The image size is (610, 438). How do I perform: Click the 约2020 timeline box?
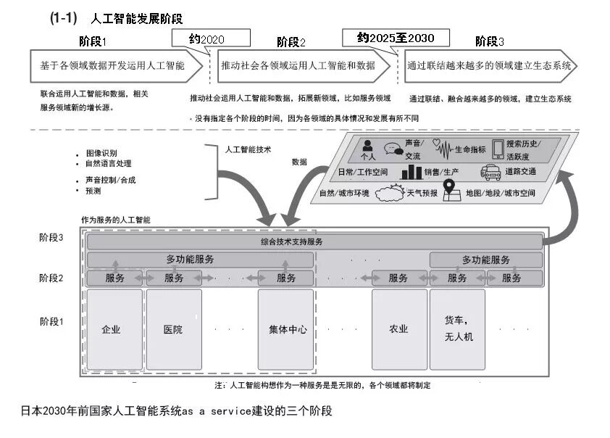(211, 38)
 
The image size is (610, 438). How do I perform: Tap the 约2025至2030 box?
(396, 37)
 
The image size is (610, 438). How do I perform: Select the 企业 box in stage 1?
(112, 329)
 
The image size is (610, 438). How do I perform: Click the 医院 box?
(173, 329)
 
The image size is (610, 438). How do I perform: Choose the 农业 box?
(398, 329)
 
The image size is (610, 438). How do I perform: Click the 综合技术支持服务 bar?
(314, 241)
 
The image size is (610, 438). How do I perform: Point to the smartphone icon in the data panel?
(498, 149)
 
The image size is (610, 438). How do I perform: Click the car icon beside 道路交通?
(490, 172)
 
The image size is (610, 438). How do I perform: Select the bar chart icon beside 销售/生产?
(411, 172)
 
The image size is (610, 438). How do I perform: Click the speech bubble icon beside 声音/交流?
(393, 149)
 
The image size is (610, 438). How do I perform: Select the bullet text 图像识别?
(101, 154)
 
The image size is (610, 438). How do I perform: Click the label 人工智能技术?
(248, 149)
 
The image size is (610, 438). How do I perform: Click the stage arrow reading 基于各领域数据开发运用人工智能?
(113, 65)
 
